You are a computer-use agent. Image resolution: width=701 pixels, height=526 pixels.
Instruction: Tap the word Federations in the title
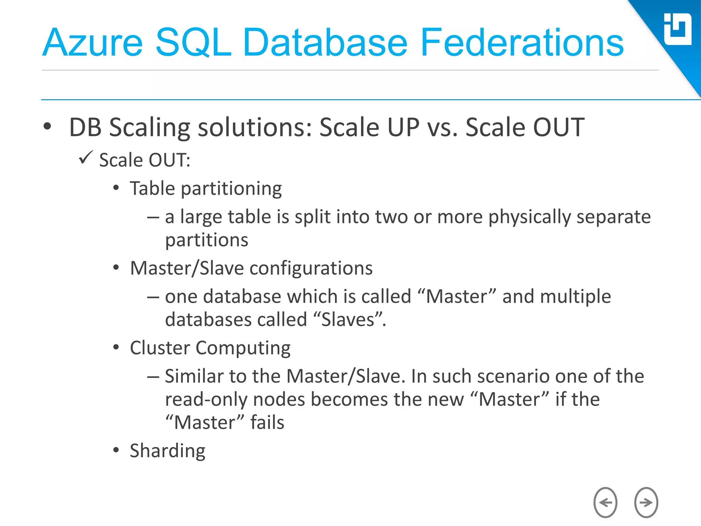pos(522,43)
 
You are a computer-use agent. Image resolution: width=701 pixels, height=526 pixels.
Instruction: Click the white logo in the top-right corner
pos(677,29)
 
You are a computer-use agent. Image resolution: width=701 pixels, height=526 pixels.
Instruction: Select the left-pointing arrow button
pos(605,502)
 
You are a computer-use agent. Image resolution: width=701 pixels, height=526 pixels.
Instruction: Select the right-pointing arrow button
pos(646,502)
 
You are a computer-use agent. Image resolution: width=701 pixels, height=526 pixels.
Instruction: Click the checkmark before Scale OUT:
pos(86,158)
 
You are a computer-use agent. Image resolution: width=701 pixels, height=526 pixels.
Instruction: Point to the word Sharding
pos(167,451)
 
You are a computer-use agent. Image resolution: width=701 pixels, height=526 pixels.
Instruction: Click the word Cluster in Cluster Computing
pos(160,348)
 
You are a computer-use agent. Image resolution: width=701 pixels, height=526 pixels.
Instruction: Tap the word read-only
pos(206,400)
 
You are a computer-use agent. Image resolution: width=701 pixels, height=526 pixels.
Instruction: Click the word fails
pos(267,423)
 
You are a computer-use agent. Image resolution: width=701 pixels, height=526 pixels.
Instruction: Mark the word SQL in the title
pos(193,43)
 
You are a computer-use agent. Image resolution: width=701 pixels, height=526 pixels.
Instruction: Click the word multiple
pos(575,297)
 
